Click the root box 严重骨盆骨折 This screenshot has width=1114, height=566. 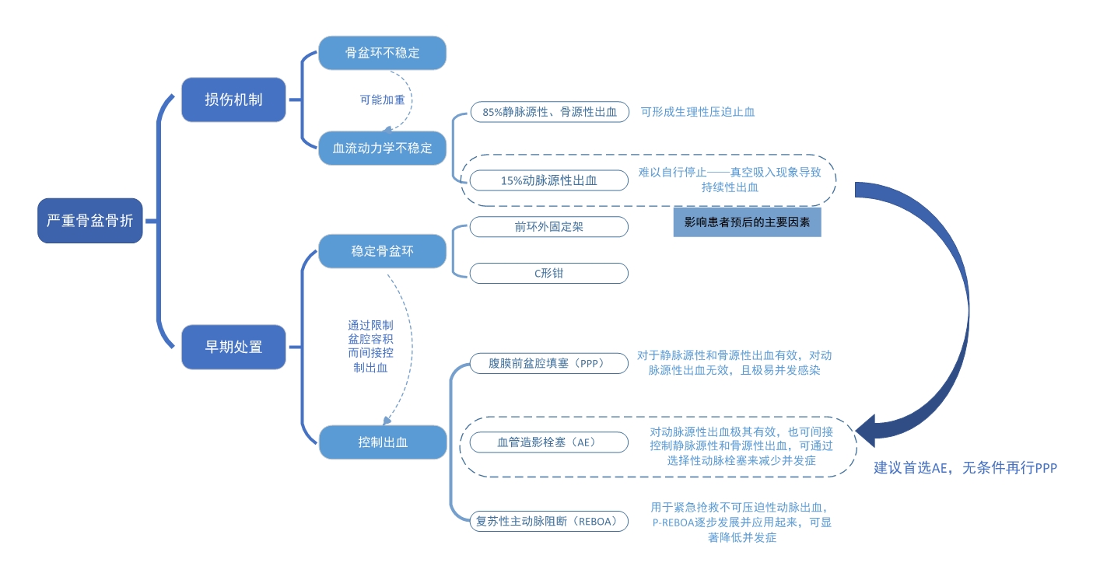pos(90,221)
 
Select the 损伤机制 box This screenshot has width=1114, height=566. pos(233,100)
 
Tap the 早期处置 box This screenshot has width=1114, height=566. pos(233,347)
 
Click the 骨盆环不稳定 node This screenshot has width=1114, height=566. pos(382,53)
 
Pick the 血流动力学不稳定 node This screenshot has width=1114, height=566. pos(382,148)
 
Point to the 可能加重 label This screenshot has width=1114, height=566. pos(382,100)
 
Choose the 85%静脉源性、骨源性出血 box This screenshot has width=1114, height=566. pos(549,112)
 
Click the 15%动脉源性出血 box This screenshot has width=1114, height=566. pos(549,180)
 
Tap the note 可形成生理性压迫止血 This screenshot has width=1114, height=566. pos(698,112)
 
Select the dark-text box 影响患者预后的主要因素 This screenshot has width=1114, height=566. pos(747,222)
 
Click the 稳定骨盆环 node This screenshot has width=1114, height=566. pos(382,251)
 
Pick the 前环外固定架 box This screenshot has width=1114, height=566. pos(549,226)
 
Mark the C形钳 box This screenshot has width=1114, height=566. pos(549,273)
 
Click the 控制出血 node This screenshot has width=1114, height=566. pos(382,442)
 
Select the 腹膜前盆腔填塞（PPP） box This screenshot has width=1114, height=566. pos(549,363)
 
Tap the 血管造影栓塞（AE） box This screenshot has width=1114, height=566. pos(549,442)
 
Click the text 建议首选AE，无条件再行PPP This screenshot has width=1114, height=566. pos(965,468)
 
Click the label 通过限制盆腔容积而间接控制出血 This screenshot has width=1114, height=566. pos(370,346)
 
